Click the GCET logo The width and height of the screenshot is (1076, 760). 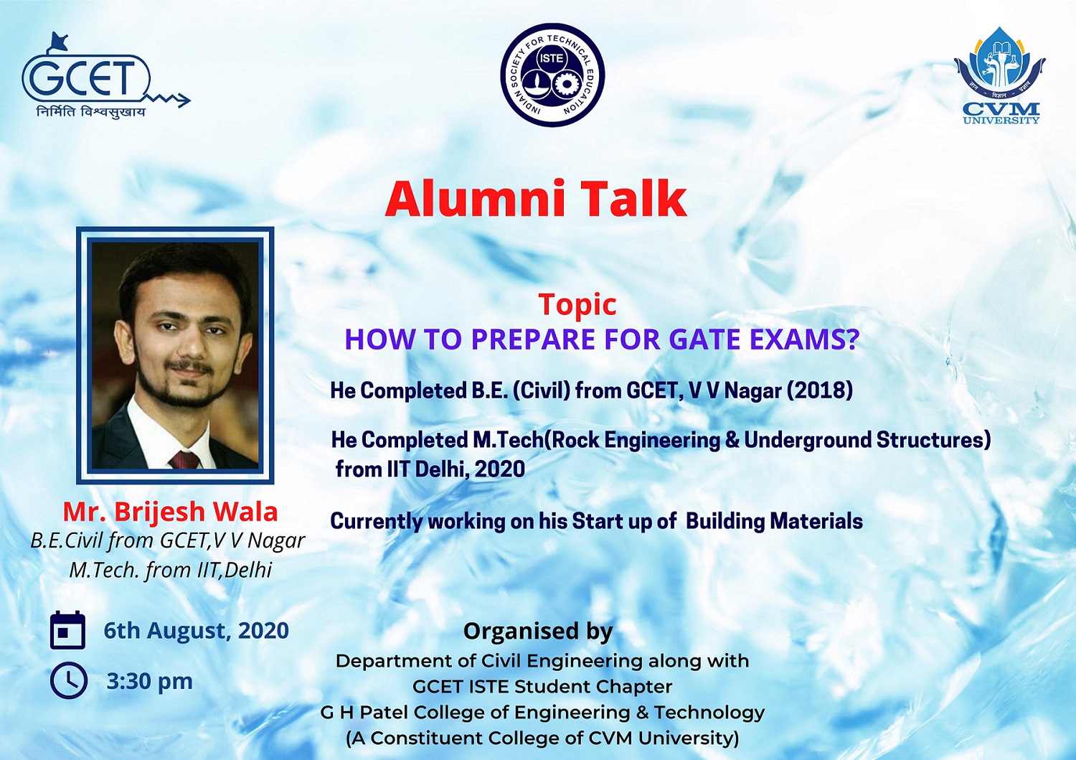point(105,75)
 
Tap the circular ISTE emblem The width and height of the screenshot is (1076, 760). point(552,75)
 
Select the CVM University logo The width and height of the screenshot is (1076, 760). point(1000,75)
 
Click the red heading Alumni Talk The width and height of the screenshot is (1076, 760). point(536,199)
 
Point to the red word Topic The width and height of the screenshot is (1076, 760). point(577,305)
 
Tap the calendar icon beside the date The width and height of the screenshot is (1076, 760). point(67,629)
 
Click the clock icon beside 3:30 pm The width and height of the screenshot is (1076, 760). point(69,680)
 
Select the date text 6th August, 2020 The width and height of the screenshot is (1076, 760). point(196,631)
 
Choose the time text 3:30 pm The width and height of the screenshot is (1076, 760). point(149,682)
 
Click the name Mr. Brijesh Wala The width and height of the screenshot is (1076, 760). point(171,512)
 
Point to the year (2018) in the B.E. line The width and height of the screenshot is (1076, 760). point(819,391)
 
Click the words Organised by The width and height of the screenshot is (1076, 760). point(538,631)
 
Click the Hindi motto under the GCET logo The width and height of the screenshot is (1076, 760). point(91,111)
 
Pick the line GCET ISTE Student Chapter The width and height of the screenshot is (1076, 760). point(542,687)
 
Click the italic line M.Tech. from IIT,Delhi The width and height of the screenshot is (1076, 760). point(171,570)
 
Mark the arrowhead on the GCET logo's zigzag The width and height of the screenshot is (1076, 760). point(184,100)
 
